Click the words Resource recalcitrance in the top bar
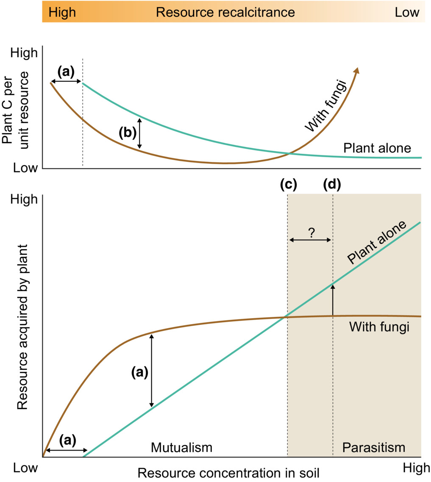click(225, 12)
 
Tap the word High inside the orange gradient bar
click(62, 12)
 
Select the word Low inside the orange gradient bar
click(407, 12)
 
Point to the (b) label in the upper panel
click(127, 133)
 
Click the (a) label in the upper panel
click(66, 72)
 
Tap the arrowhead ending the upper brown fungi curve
click(357, 70)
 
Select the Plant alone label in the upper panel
click(377, 148)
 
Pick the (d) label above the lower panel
click(332, 185)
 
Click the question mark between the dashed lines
click(311, 232)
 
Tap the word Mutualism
click(181, 447)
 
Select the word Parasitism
click(374, 447)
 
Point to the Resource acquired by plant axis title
click(22, 327)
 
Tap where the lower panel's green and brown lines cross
click(284, 317)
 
